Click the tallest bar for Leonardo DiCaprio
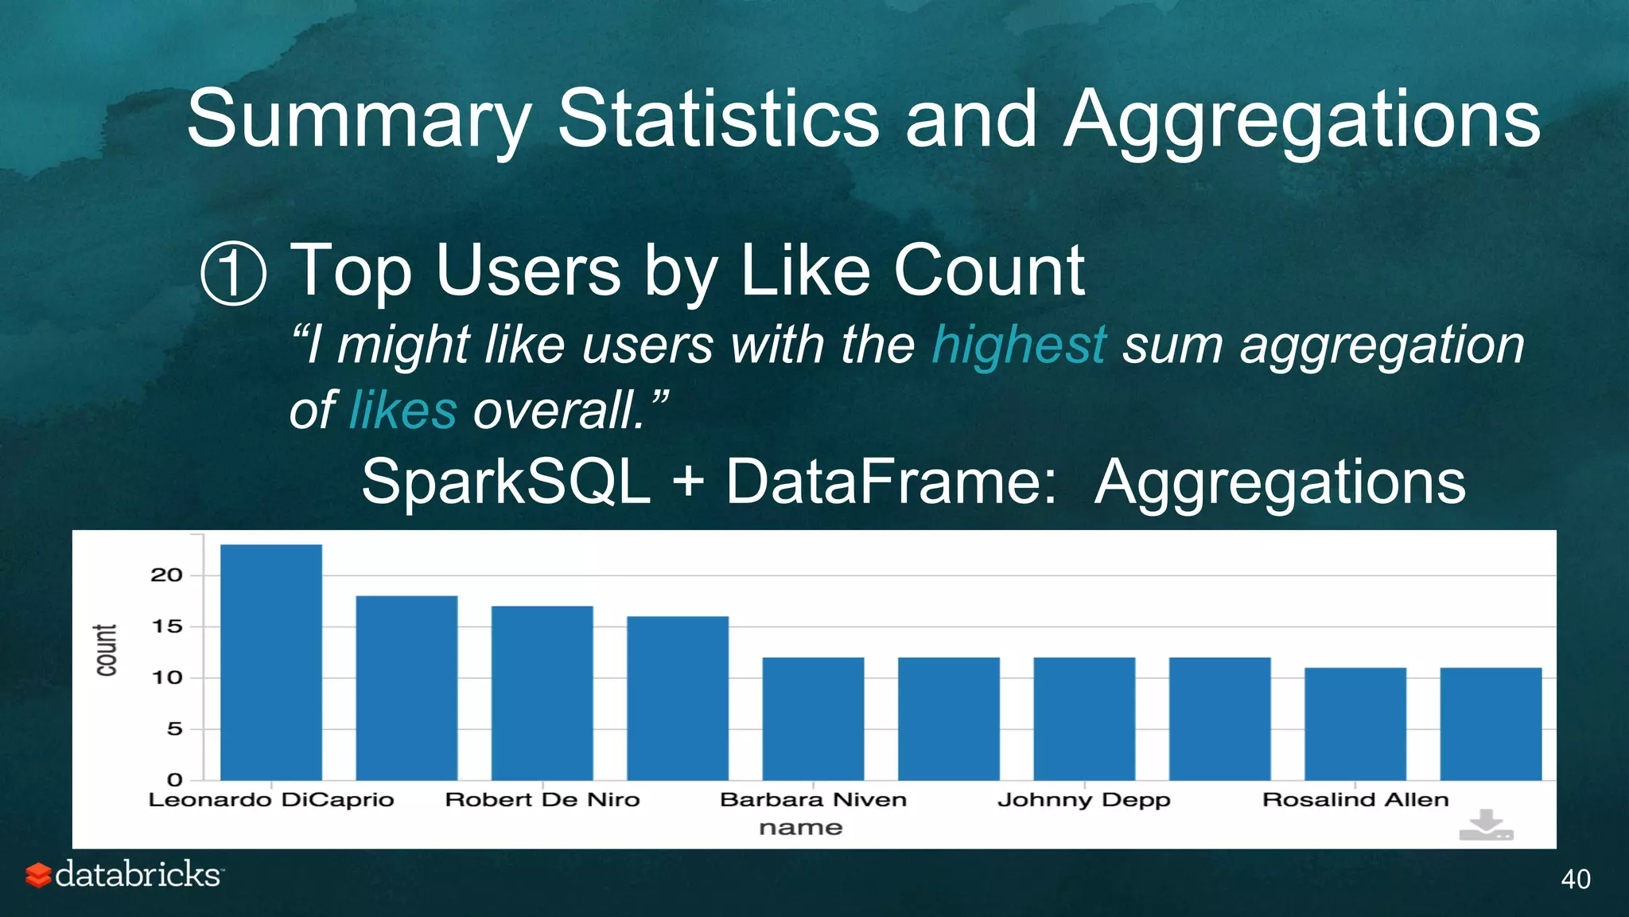(x=271, y=662)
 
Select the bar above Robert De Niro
(x=542, y=693)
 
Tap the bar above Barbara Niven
(x=813, y=718)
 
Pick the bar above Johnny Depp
(x=1084, y=718)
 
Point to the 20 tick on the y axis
(x=166, y=576)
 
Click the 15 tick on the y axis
(x=166, y=626)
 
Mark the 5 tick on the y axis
(x=174, y=729)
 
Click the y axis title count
(x=107, y=650)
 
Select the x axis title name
(x=800, y=829)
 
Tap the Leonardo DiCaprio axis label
(x=271, y=800)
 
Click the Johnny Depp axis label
(x=1084, y=800)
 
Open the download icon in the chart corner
(x=1486, y=825)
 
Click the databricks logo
(x=124, y=875)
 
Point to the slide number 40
(x=1575, y=880)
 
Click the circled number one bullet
(x=233, y=274)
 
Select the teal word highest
(x=1019, y=345)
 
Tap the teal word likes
(x=403, y=411)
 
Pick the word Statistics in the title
(x=718, y=119)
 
